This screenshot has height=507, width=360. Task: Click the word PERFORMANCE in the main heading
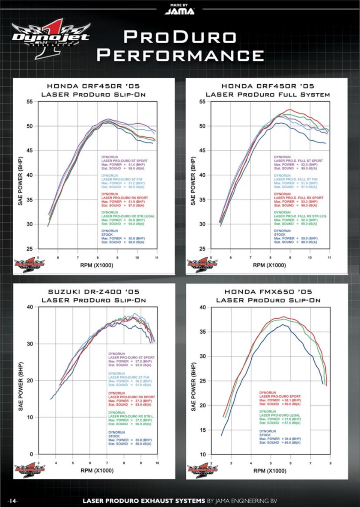[x=180, y=55]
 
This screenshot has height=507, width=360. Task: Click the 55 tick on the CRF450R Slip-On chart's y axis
[x=30, y=101]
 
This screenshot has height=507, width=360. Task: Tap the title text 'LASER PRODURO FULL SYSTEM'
[x=268, y=94]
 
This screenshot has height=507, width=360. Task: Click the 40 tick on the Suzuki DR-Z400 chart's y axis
[x=30, y=307]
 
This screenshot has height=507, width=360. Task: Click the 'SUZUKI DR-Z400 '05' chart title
[x=93, y=292]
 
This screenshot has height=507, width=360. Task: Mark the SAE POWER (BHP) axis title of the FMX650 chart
[x=193, y=387]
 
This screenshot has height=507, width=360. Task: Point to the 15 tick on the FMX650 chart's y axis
[x=202, y=430]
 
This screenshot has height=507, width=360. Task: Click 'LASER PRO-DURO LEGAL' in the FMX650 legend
[x=280, y=415]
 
